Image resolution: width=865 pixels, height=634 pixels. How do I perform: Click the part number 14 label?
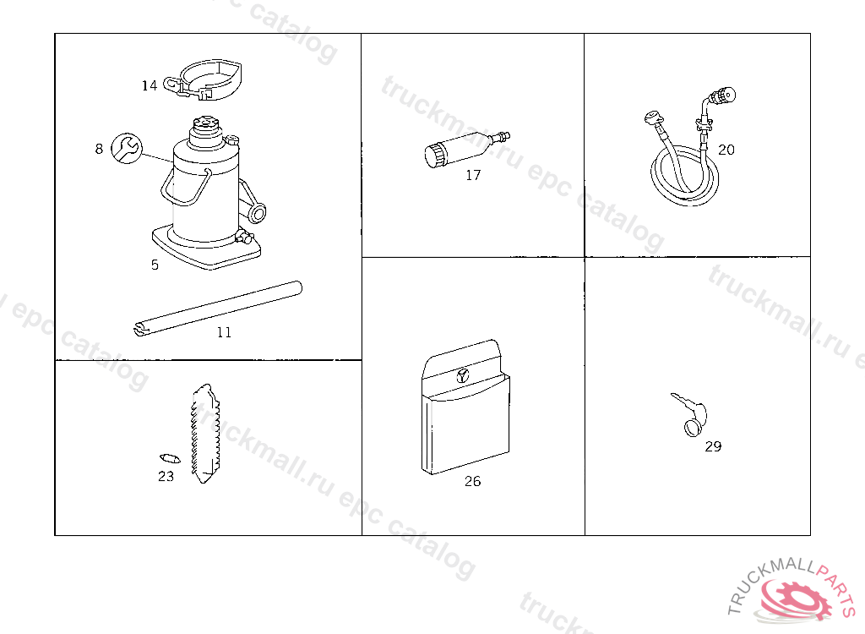pyautogui.click(x=150, y=85)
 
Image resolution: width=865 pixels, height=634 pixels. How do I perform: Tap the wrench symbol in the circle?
pyautogui.click(x=127, y=149)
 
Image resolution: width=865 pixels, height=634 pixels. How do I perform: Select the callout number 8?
pyautogui.click(x=99, y=149)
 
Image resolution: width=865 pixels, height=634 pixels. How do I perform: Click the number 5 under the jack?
pyautogui.click(x=155, y=265)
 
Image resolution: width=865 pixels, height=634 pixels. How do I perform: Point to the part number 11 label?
pyautogui.click(x=224, y=332)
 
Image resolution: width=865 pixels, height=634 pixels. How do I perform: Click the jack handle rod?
pyautogui.click(x=219, y=309)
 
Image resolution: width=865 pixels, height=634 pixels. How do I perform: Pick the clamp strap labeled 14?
pyautogui.click(x=204, y=80)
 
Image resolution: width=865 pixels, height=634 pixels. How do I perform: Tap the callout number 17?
pyautogui.click(x=473, y=175)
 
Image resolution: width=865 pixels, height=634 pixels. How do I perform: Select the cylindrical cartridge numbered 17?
pyautogui.click(x=467, y=149)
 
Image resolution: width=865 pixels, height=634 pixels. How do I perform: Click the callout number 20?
pyautogui.click(x=726, y=150)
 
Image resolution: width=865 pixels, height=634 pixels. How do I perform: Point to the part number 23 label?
pyautogui.click(x=166, y=476)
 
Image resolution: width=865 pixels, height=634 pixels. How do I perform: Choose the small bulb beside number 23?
pyautogui.click(x=170, y=458)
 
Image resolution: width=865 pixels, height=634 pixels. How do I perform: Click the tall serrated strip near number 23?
pyautogui.click(x=204, y=435)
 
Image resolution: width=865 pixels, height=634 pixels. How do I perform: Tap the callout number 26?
pyautogui.click(x=473, y=482)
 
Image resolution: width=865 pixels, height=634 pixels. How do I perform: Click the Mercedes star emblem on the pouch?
pyautogui.click(x=462, y=376)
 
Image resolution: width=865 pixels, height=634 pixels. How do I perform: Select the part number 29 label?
pyautogui.click(x=713, y=446)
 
